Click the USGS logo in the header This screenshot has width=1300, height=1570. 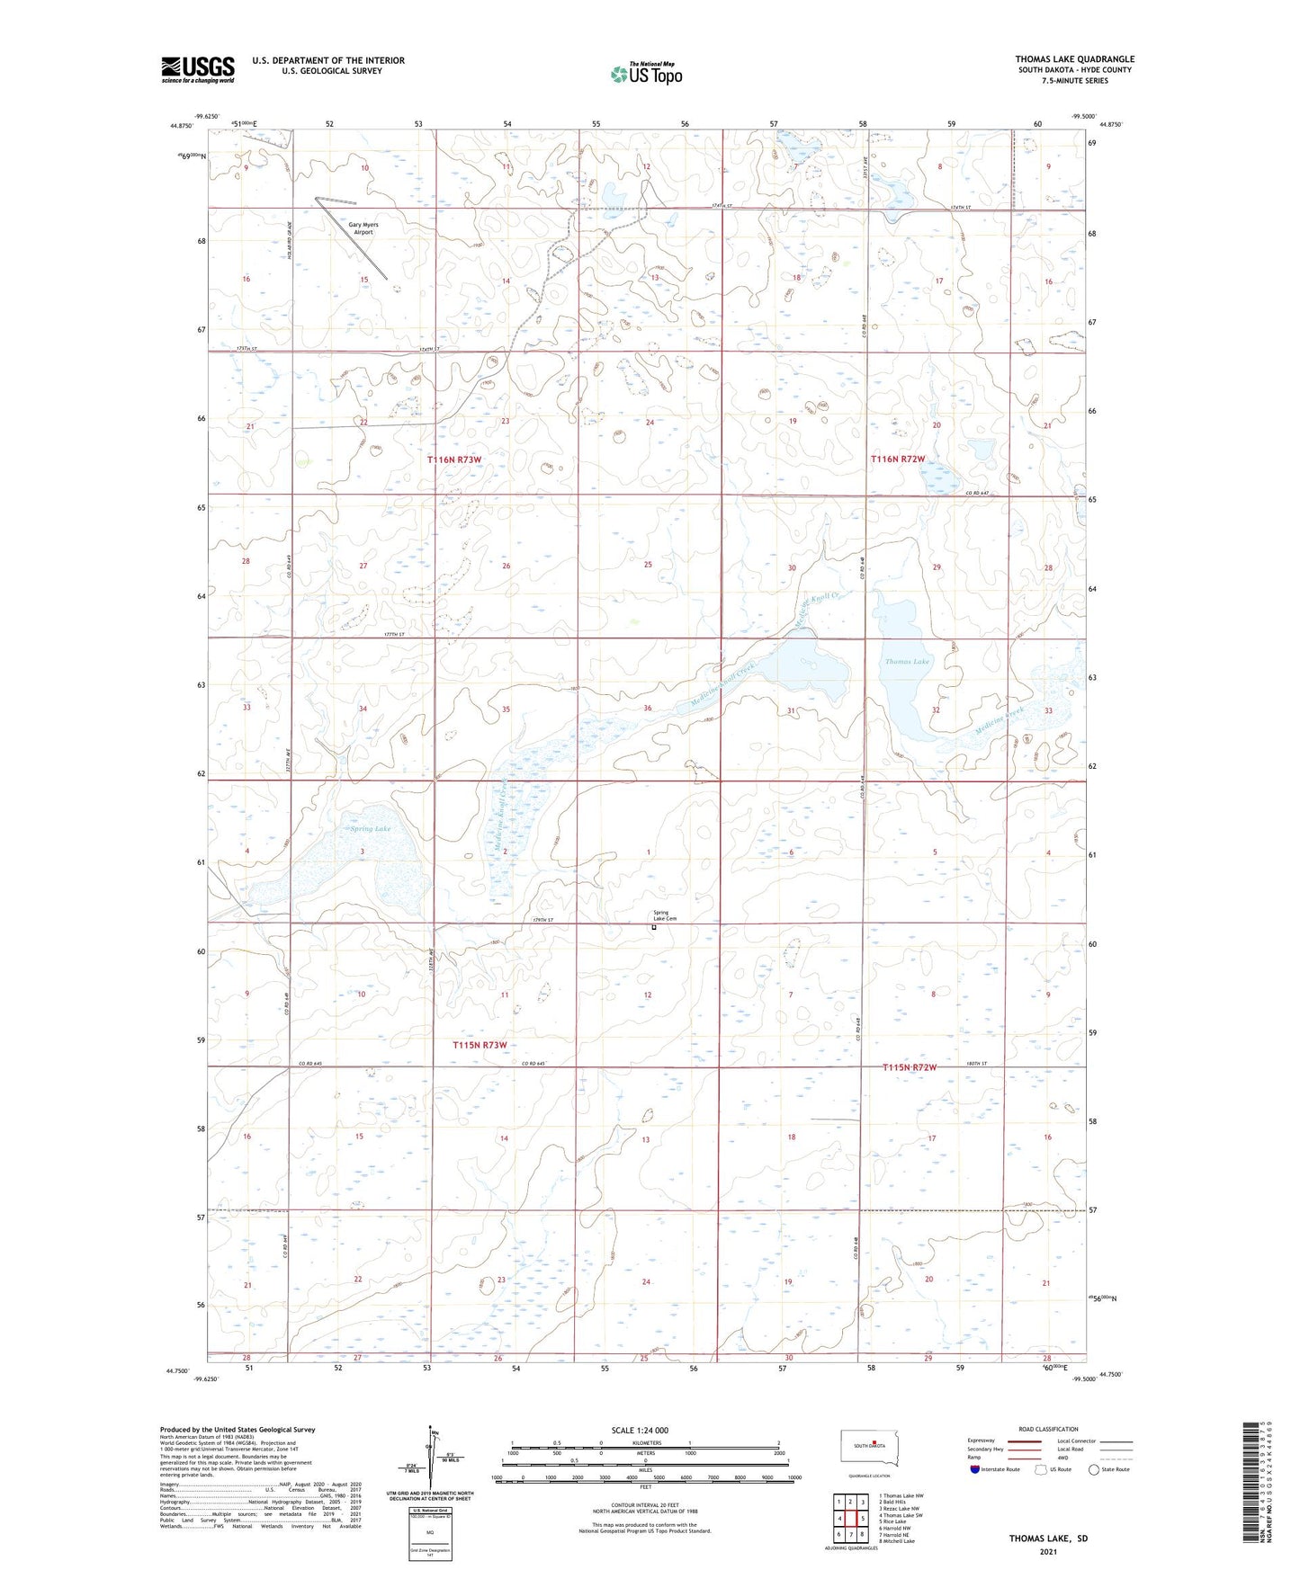click(197, 69)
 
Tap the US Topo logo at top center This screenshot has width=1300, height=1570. click(644, 73)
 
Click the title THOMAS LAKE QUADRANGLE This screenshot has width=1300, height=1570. click(1074, 59)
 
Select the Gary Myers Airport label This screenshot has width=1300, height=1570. click(357, 228)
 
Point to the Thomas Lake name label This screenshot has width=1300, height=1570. click(906, 661)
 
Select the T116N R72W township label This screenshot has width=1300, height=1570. click(898, 459)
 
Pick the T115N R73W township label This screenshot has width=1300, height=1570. click(480, 1045)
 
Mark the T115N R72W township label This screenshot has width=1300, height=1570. click(910, 1066)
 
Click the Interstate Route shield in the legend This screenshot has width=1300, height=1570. click(974, 1469)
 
